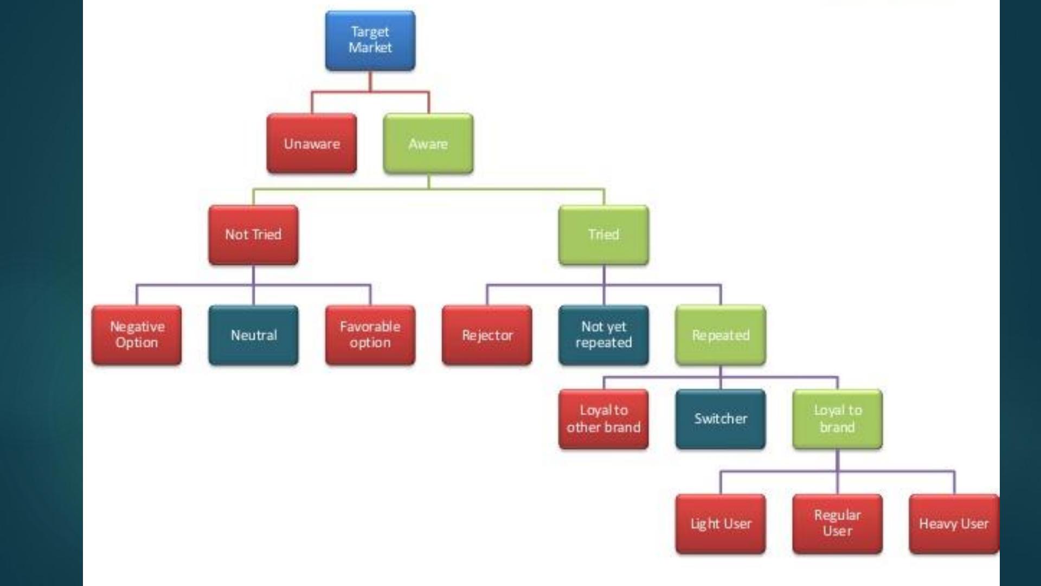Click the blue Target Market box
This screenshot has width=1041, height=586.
[x=370, y=41]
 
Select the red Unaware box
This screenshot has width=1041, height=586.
[x=312, y=144]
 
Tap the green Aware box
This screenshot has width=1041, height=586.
[x=428, y=144]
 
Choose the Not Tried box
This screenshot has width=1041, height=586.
[x=253, y=235]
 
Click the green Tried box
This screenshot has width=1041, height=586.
[x=603, y=235]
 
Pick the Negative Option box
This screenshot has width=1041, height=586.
[x=137, y=335]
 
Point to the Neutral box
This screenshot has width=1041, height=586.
[x=253, y=335]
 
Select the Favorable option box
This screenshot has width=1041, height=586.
[x=370, y=335]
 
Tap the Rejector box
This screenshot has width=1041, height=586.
[x=487, y=335]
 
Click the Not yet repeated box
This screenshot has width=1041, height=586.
[x=603, y=335]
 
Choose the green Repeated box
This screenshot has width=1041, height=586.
[x=721, y=335]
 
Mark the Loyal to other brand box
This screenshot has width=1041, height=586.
[x=603, y=419]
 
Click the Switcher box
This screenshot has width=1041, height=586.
[x=721, y=419]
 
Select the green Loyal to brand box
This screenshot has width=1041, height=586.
[x=837, y=419]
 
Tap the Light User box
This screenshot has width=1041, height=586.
[x=721, y=524]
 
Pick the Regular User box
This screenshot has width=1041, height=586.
[x=837, y=524]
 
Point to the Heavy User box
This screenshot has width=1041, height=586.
[x=954, y=524]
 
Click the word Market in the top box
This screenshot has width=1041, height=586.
[x=370, y=48]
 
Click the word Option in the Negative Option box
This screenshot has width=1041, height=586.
[x=137, y=343]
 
